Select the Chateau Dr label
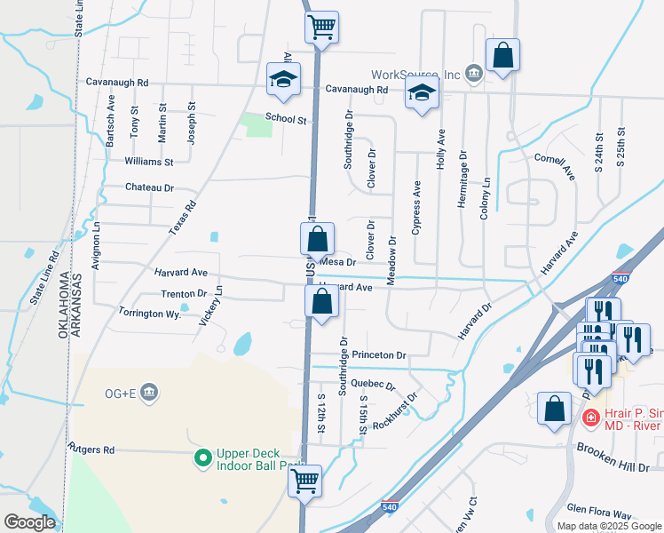(148, 187)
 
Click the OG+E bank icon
(149, 392)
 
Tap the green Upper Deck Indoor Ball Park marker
(203, 458)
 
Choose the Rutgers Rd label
(91, 449)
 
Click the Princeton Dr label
(378, 354)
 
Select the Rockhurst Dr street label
(396, 410)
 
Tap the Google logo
(29, 522)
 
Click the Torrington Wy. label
(148, 313)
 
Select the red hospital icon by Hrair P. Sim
(589, 417)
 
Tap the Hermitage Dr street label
(462, 179)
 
